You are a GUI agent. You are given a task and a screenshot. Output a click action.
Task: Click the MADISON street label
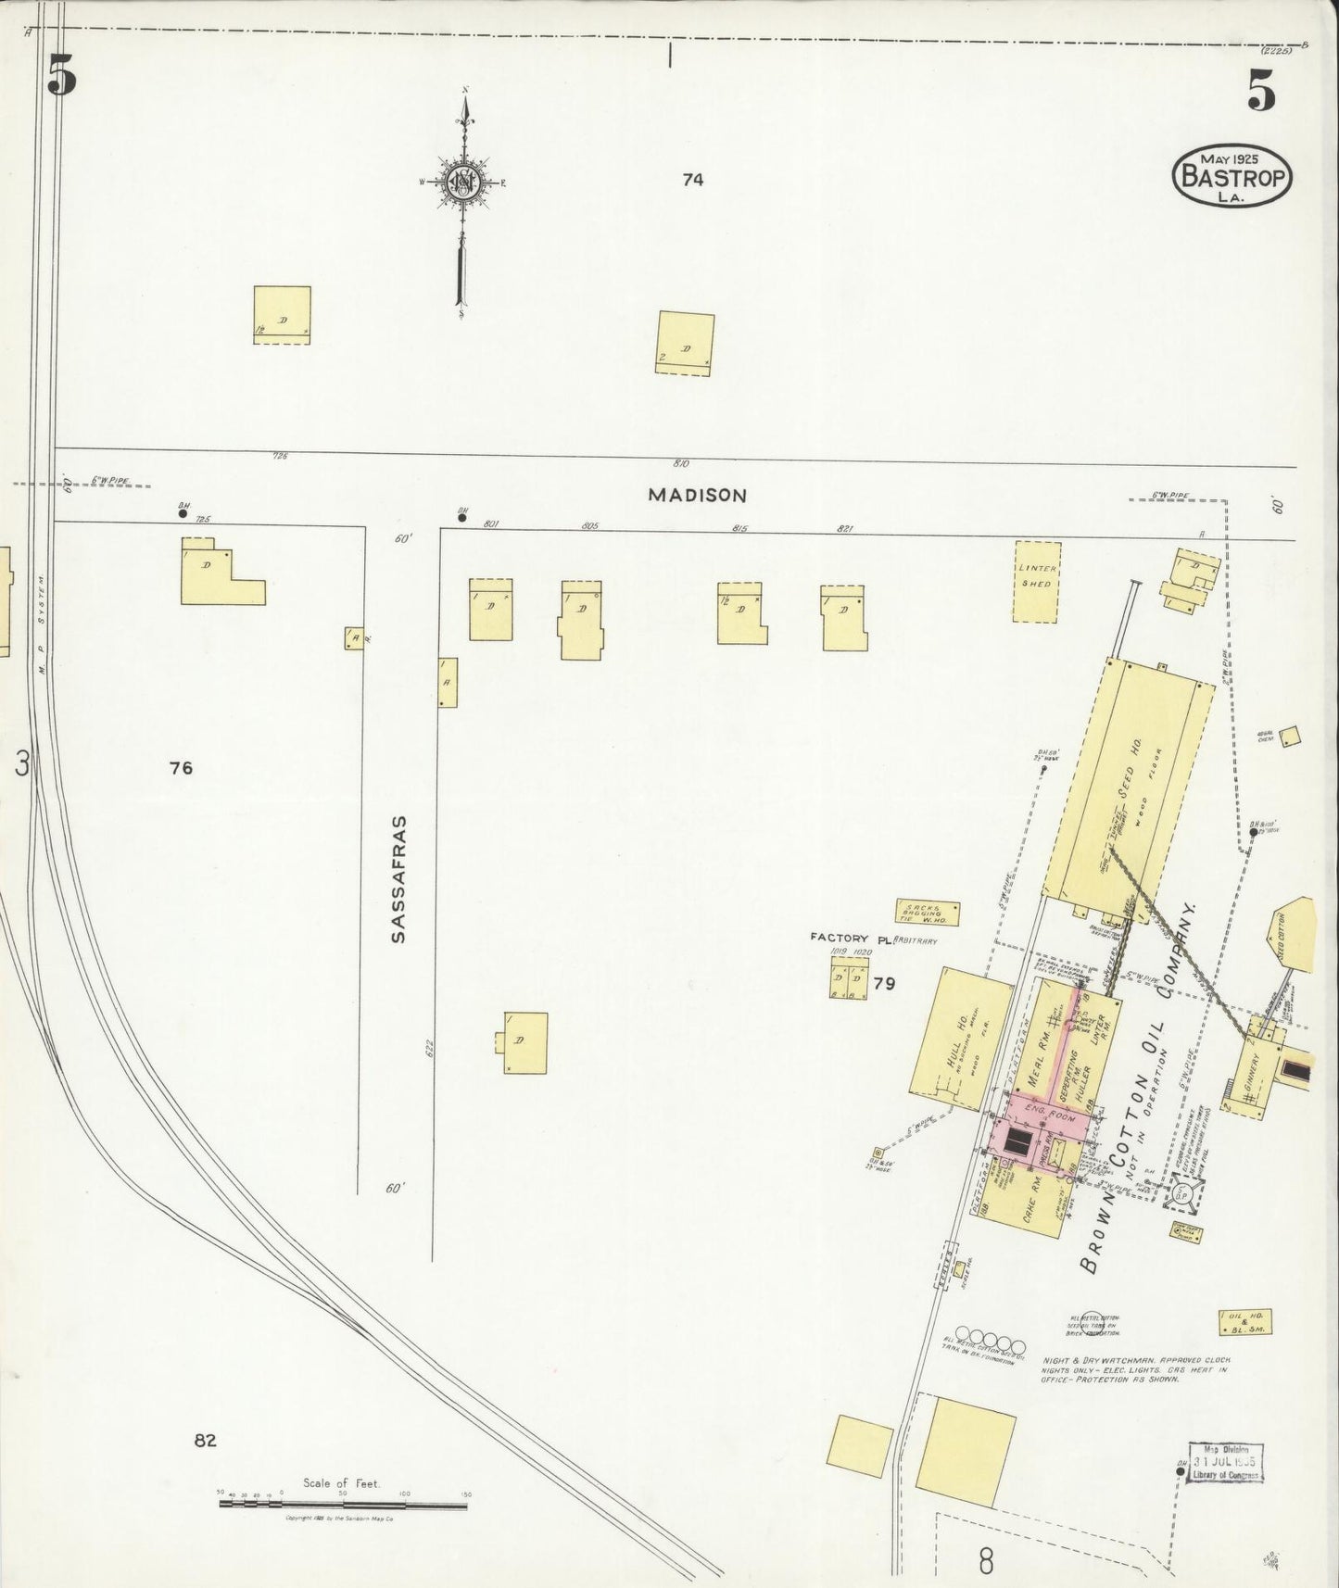[697, 495]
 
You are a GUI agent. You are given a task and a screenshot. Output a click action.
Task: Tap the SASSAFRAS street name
[398, 879]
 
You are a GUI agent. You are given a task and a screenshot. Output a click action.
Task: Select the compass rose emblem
[461, 182]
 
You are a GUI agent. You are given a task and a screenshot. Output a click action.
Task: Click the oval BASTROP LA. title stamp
[1232, 175]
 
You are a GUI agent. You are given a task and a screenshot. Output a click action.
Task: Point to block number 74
[692, 180]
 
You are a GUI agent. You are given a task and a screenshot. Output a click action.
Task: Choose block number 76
[181, 767]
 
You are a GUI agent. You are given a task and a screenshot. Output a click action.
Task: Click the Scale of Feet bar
[343, 1504]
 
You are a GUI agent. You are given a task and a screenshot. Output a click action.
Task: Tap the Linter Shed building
[1036, 581]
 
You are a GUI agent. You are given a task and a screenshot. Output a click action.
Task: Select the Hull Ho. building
[960, 1037]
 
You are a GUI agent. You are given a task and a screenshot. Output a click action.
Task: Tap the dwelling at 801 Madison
[490, 609]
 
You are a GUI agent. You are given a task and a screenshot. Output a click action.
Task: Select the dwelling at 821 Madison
[843, 616]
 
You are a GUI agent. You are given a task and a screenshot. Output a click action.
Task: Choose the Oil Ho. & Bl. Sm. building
[1244, 1322]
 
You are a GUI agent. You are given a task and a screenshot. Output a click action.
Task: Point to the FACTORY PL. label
[850, 938]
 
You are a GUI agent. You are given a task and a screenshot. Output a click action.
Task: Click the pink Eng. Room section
[1052, 1116]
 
